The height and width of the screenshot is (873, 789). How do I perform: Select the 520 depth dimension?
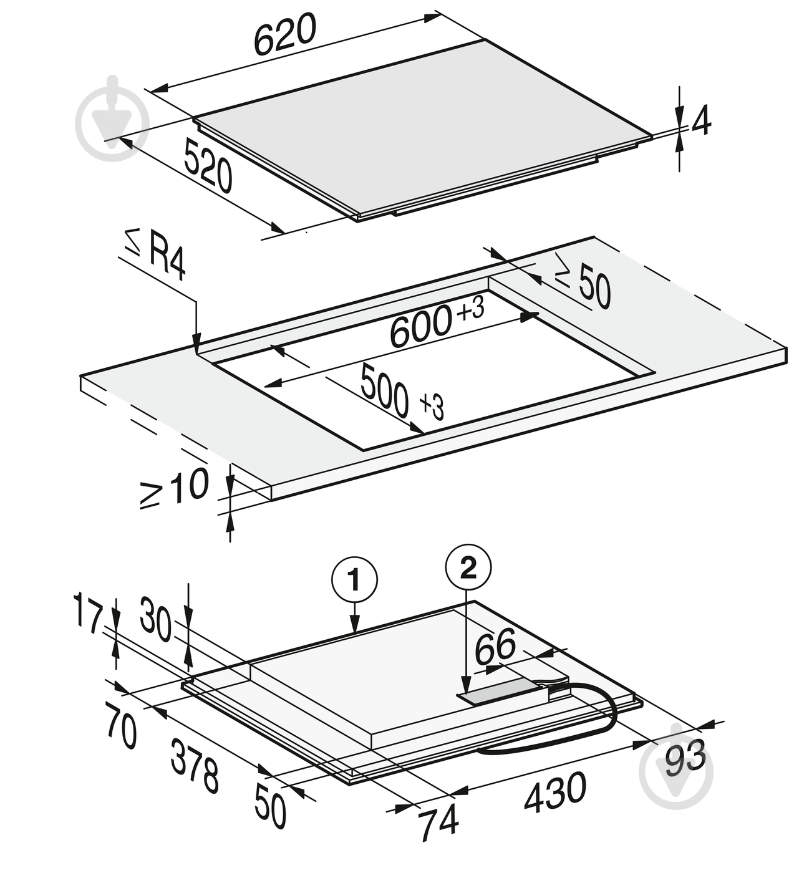(x=208, y=165)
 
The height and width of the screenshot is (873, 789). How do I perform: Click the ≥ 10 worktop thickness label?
(x=174, y=489)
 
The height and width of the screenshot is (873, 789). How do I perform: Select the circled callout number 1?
(x=354, y=580)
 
